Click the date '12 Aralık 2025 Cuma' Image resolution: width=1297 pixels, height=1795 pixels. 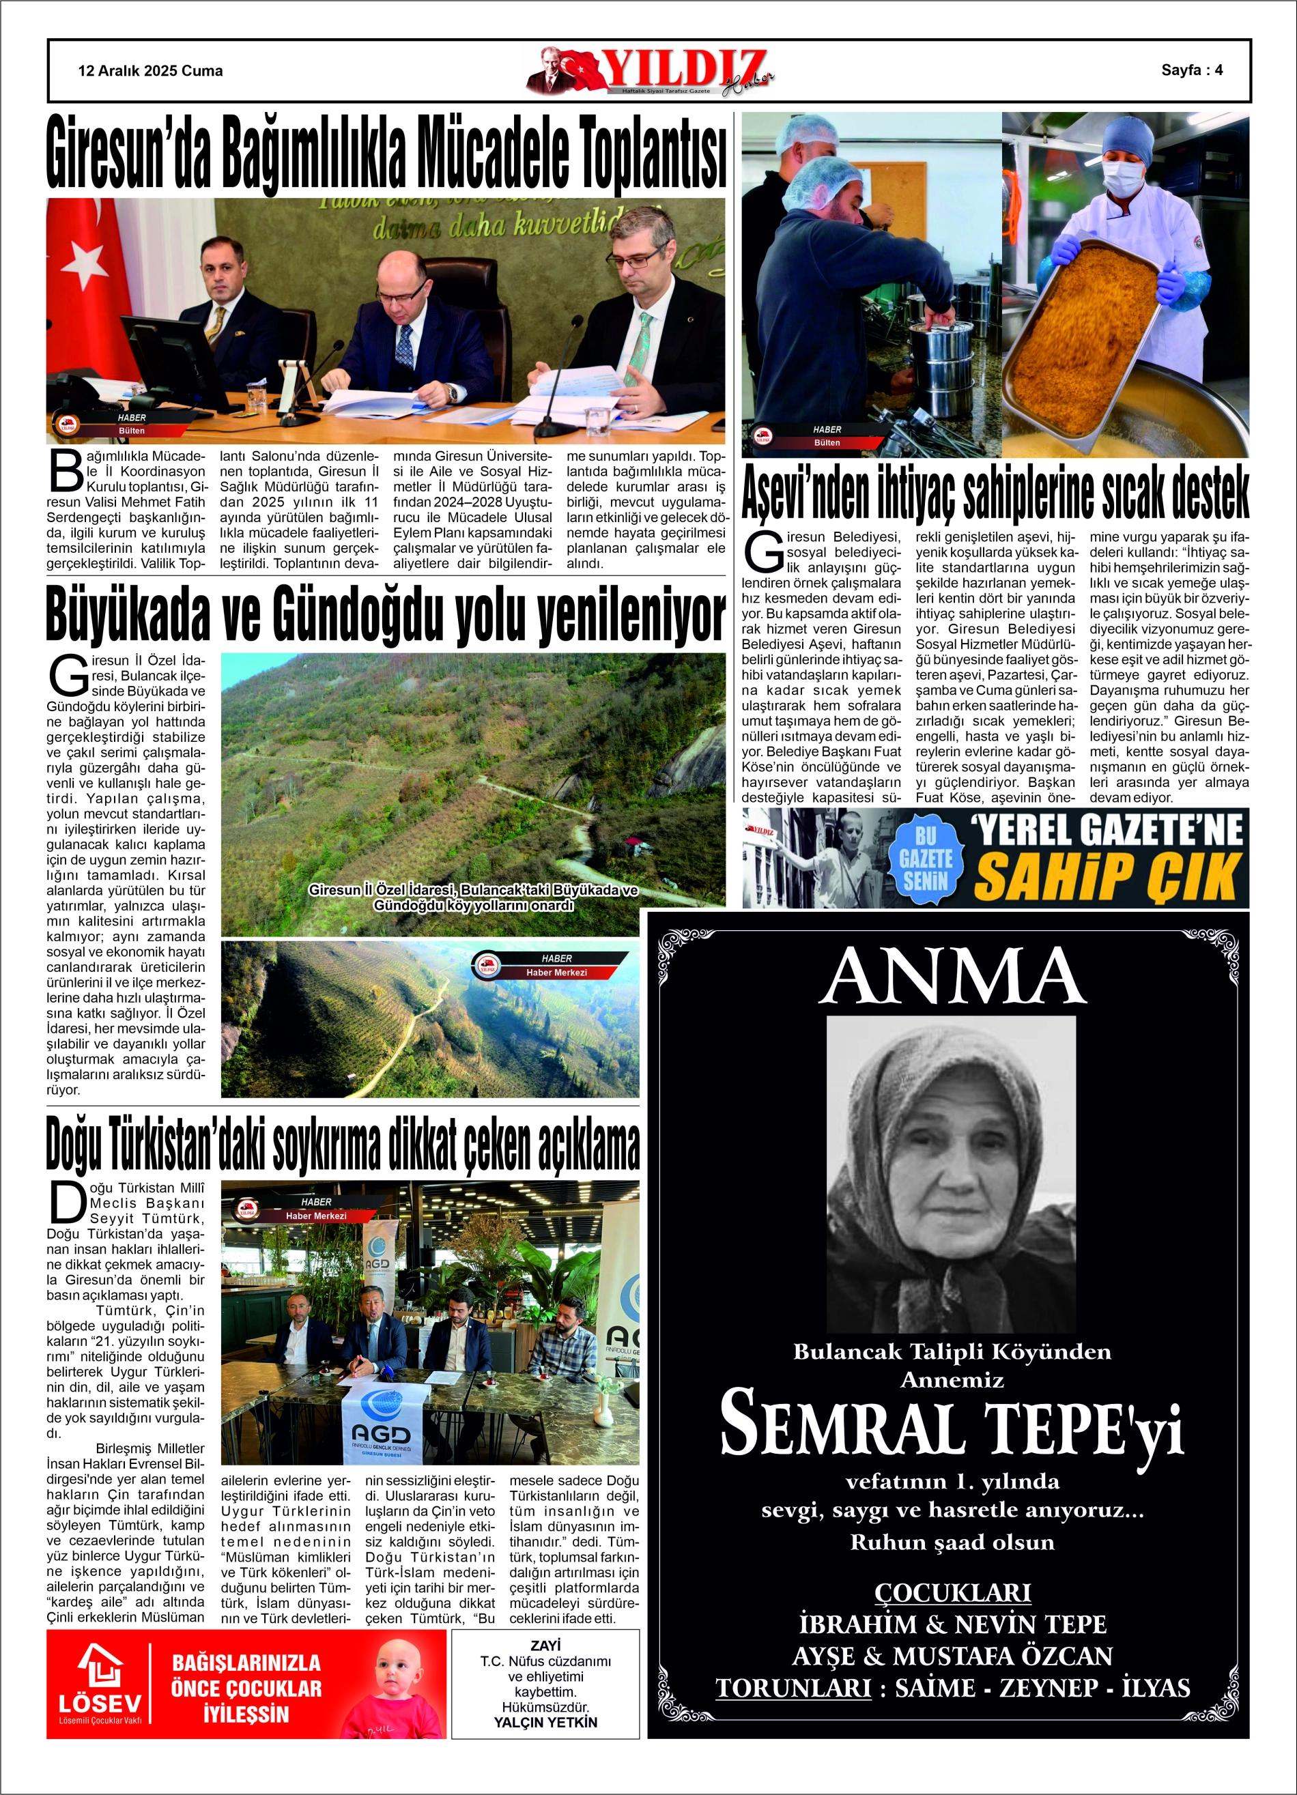pyautogui.click(x=150, y=71)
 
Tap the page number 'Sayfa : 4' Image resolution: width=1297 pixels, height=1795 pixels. pyautogui.click(x=1192, y=70)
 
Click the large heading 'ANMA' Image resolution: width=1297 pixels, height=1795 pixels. pyautogui.click(x=952, y=976)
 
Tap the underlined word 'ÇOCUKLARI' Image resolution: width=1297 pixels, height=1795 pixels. pyautogui.click(x=952, y=1592)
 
